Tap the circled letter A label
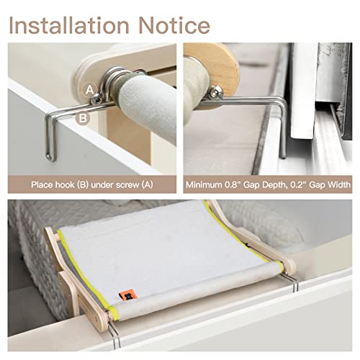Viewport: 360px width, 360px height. [90, 89]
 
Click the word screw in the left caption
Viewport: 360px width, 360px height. [125, 183]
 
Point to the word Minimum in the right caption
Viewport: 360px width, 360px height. [206, 183]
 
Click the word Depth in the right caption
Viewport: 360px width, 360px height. [271, 183]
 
